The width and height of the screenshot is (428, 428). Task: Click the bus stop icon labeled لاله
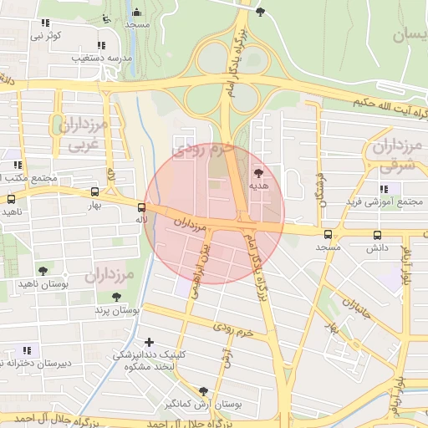[141, 207]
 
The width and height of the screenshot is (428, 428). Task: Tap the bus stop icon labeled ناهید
[11, 200]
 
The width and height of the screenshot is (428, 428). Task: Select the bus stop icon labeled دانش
[377, 236]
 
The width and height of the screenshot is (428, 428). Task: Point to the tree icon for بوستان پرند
[116, 297]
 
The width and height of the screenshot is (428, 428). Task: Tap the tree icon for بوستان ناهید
[43, 271]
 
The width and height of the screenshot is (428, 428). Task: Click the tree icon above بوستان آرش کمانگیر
[203, 390]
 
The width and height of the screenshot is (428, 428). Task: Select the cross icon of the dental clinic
[150, 342]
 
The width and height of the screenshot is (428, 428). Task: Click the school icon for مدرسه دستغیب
[101, 45]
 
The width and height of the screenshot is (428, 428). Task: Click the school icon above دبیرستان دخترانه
[27, 349]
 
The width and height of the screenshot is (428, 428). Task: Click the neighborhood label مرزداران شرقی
[391, 156]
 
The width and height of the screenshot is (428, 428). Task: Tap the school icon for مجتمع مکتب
[18, 165]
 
